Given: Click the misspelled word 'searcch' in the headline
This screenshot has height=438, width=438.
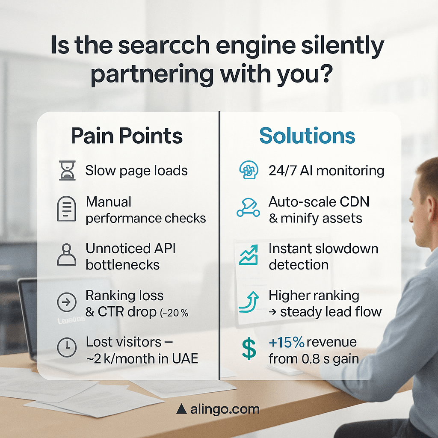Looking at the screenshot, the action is (164, 45).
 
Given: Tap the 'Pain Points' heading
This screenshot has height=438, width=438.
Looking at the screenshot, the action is (127, 136).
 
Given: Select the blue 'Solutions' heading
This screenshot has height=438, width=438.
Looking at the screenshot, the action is (307, 136).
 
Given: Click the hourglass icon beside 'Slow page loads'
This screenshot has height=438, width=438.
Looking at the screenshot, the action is (67, 170).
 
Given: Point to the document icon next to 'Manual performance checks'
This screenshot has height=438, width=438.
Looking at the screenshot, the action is (66, 209).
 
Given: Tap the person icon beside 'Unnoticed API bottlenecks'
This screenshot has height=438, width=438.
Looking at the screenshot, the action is (66, 255).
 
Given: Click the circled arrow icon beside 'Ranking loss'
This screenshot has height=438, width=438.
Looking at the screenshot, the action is (66, 302).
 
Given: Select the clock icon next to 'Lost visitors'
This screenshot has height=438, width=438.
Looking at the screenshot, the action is (67, 347).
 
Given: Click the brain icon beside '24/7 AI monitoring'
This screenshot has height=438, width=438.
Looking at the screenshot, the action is (249, 170).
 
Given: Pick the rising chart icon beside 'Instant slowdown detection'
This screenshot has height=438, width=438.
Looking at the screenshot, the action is (249, 255).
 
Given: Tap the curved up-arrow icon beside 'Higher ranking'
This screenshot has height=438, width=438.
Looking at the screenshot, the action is (249, 302).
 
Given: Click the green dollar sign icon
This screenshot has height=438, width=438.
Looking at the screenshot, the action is (249, 349).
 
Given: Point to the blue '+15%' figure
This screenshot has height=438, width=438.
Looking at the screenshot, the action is (286, 342).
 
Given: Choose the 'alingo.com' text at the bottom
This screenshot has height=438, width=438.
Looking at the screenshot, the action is (225, 409).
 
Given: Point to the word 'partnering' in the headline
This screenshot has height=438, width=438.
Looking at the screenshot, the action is (152, 74).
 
